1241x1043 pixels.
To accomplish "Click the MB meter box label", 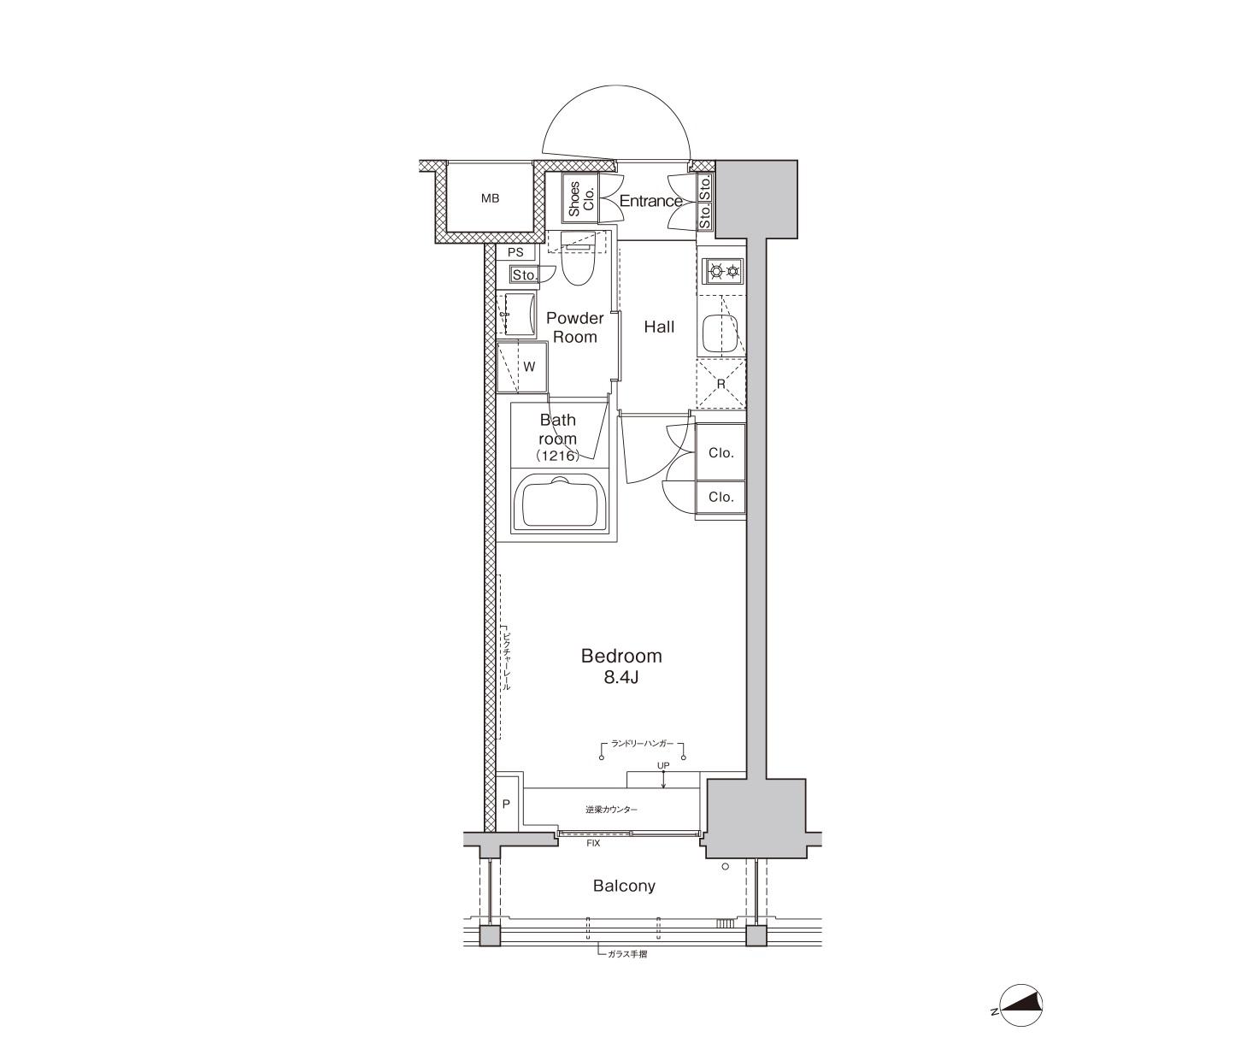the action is tap(490, 198).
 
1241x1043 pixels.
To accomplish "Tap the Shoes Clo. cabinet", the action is tap(580, 199).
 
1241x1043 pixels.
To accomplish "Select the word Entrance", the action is tap(650, 201).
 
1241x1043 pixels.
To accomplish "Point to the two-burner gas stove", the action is tap(723, 272).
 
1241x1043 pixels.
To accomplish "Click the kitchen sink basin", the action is tap(720, 335).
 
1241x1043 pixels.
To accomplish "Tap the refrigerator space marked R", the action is tap(721, 384).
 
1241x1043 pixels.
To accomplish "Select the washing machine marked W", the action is tap(522, 368).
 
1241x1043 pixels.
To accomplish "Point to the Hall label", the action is tap(659, 327).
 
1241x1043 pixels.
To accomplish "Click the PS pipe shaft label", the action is tap(515, 252).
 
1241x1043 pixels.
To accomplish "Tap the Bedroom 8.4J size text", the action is tap(621, 677).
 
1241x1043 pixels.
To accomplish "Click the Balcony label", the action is tap(624, 886).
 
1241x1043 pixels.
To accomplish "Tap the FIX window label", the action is tap(593, 843).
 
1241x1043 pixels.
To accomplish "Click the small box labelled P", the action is tap(506, 804).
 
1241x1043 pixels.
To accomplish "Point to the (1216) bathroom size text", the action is tap(557, 456).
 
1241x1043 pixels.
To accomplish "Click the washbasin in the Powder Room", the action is tap(516, 315).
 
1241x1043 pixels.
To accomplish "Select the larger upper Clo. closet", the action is tap(720, 452).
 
